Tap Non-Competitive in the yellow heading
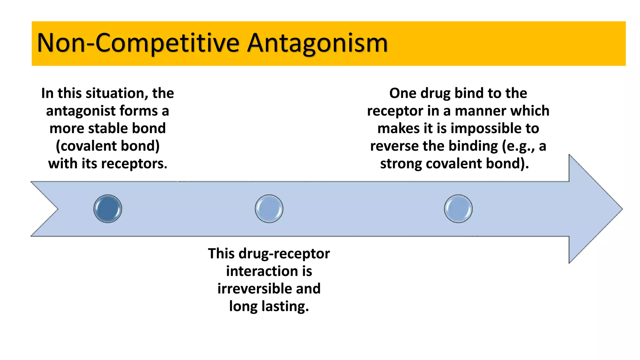tap(138, 43)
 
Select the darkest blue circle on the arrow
tap(107, 209)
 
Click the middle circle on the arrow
tap(269, 209)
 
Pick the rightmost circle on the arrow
tap(458, 209)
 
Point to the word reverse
tap(394, 146)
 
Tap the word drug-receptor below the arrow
tap(284, 253)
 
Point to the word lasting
tap(285, 306)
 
